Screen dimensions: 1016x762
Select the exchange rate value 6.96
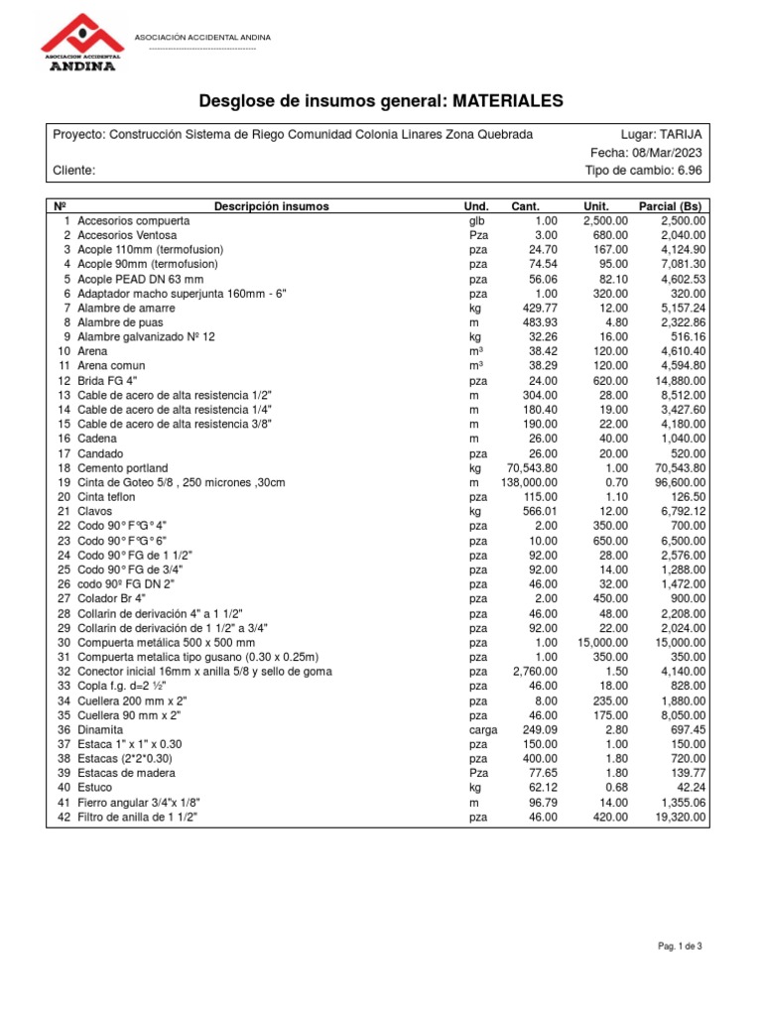pyautogui.click(x=690, y=171)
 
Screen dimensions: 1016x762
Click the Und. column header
pyautogui.click(x=477, y=207)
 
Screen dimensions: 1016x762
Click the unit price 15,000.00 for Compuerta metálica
pyautogui.click(x=599, y=643)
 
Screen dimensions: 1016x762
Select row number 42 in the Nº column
pyautogui.click(x=63, y=818)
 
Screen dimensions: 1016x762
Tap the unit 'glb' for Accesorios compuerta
pyautogui.click(x=475, y=221)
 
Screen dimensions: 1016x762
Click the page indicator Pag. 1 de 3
pyautogui.click(x=681, y=947)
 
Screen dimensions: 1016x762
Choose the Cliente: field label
pyautogui.click(x=74, y=171)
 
